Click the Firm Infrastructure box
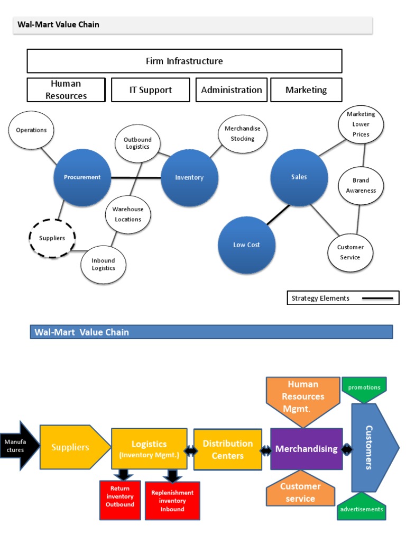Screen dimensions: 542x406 click(184, 61)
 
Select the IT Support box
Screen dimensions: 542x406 click(151, 90)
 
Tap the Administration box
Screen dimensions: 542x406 click(232, 90)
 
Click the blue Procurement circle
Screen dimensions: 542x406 click(82, 177)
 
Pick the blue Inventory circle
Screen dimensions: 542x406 click(189, 178)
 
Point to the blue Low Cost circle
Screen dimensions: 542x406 click(247, 245)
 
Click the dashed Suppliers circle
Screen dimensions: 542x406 click(52, 238)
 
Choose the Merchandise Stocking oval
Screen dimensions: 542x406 click(243, 134)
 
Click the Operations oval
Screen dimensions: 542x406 click(31, 130)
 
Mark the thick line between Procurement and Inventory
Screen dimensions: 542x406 click(136, 178)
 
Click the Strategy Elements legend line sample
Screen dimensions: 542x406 click(377, 299)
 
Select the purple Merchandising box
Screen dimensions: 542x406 click(306, 449)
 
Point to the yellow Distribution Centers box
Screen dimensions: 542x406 click(228, 449)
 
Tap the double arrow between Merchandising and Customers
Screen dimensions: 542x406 click(347, 449)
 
